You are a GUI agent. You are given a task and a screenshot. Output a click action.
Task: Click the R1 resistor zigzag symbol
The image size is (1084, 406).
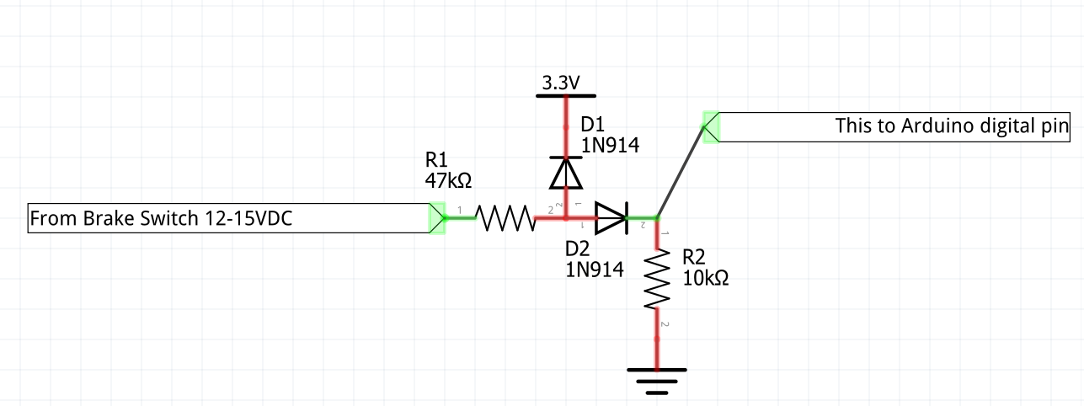[505, 219]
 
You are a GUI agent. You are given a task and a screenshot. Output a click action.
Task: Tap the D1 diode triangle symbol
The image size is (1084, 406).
[565, 173]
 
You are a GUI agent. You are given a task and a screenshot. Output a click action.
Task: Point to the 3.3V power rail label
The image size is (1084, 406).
[560, 83]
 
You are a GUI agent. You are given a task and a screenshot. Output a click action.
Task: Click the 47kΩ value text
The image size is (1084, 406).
[448, 179]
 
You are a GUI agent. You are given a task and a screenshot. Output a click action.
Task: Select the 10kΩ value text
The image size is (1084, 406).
[706, 278]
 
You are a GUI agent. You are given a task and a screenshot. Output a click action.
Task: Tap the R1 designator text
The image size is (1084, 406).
[438, 159]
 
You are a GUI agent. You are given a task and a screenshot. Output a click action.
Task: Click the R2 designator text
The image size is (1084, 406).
[696, 257]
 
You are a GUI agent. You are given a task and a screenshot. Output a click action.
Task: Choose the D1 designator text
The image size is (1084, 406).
[594, 125]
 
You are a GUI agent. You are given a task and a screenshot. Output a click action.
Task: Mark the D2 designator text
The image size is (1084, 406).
[579, 248]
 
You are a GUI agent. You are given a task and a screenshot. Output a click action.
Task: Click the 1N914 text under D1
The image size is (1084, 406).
[610, 145]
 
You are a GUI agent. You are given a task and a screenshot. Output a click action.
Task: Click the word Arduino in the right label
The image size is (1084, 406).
[937, 126]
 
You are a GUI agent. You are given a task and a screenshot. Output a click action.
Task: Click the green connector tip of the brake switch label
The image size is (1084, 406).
[437, 218]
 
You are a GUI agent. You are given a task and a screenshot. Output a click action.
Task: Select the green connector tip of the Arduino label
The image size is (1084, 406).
[710, 127]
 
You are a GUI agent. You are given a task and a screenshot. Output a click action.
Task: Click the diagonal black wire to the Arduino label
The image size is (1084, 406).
[681, 172]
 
